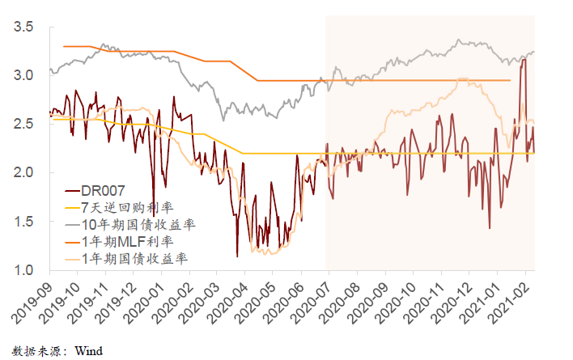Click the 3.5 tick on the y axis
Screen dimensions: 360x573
(x=23, y=28)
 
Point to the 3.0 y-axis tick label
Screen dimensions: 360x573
(x=23, y=76)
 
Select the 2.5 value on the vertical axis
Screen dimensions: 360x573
(x=23, y=125)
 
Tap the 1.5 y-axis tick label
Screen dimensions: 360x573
(x=23, y=222)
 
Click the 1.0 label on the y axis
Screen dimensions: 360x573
(x=23, y=270)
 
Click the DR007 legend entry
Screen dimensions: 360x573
(x=103, y=191)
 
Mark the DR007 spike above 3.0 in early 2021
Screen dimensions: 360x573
(x=523, y=60)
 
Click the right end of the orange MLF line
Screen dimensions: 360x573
(x=510, y=80)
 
